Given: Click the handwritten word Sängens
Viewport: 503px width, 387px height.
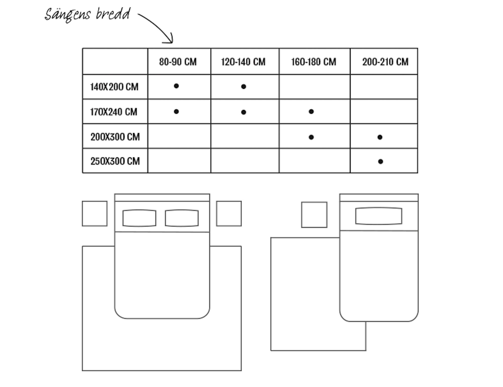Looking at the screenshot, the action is [x=67, y=15].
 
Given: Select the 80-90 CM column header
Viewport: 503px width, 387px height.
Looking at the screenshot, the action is [x=178, y=62].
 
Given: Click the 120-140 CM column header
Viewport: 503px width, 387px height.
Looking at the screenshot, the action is [x=243, y=62].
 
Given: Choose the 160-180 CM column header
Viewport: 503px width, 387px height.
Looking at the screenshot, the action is [x=314, y=62].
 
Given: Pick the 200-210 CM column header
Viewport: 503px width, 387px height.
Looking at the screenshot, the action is [x=385, y=62].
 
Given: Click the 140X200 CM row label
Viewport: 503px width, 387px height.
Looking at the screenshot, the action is [x=114, y=87].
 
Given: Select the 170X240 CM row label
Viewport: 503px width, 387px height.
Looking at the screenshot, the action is [x=114, y=112].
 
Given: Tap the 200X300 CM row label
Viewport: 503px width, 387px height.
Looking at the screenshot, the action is [x=115, y=137].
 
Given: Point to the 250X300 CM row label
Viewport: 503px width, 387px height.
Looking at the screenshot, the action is [x=115, y=161].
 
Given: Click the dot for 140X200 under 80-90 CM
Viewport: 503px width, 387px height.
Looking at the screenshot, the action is [x=176, y=86].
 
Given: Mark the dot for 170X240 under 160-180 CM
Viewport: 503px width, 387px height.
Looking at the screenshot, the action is [x=311, y=112].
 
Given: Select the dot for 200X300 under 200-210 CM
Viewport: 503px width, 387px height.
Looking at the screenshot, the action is [x=380, y=137].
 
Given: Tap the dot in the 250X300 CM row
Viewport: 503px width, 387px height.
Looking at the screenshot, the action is [x=381, y=162].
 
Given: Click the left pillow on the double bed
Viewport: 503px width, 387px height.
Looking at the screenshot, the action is [x=139, y=218].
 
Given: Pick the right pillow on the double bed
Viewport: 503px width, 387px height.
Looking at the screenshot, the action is [x=182, y=218].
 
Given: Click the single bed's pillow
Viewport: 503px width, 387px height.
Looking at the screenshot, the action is [x=379, y=216].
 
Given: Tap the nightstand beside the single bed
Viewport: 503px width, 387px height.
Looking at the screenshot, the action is [x=314, y=215].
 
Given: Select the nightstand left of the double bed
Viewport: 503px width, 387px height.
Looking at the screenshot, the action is [x=95, y=214].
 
